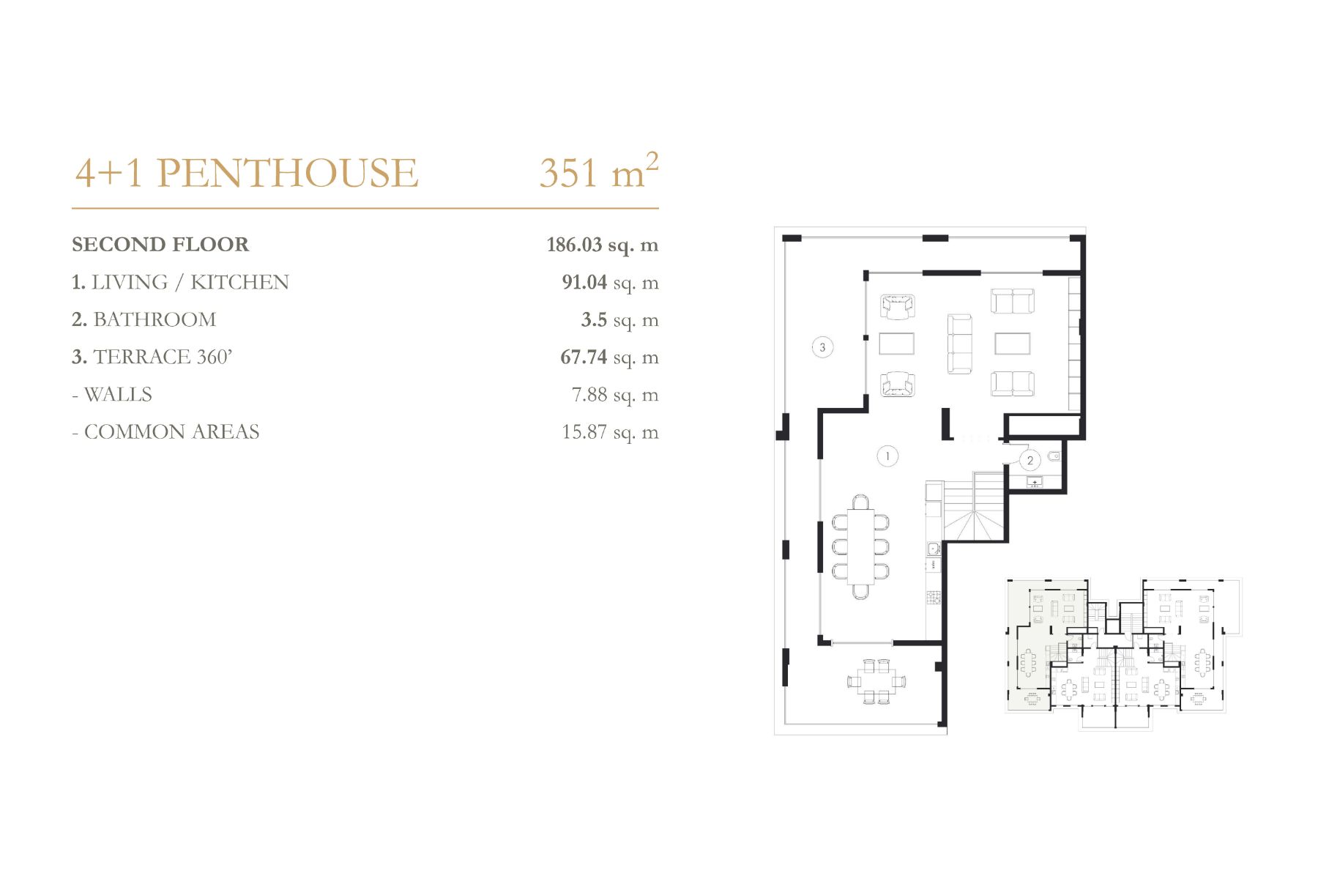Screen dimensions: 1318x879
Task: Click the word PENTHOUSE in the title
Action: (287, 173)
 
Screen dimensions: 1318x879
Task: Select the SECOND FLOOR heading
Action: (160, 244)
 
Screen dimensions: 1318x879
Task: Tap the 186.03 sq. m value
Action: (603, 245)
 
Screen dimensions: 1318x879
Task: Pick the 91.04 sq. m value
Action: (610, 283)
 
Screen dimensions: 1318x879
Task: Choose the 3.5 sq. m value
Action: (619, 320)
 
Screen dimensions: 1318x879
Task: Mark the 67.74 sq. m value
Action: (609, 357)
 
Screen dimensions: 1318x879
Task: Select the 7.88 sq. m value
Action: (615, 395)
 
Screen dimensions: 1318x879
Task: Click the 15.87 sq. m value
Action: (610, 432)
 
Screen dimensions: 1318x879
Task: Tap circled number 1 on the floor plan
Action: (887, 456)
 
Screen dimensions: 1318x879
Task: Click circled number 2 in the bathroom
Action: (1030, 461)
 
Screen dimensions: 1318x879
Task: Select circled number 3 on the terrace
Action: (822, 347)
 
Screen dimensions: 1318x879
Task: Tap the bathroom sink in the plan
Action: (1035, 482)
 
